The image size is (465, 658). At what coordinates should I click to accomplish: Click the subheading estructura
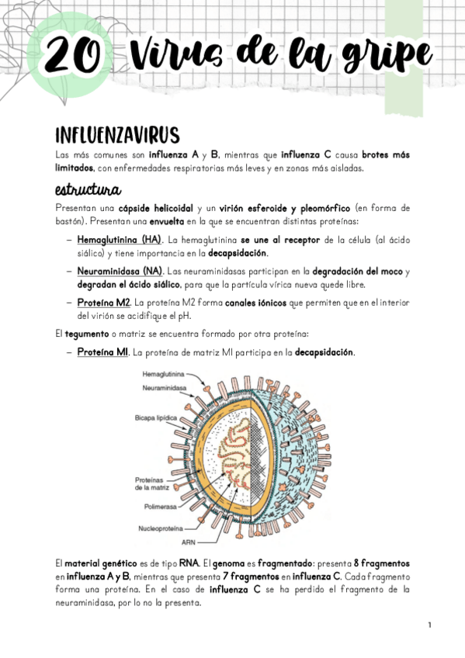86,189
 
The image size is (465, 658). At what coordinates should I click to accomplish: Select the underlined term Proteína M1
102,352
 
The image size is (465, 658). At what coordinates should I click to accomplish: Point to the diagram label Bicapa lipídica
160,417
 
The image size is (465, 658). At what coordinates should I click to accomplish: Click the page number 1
429,625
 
